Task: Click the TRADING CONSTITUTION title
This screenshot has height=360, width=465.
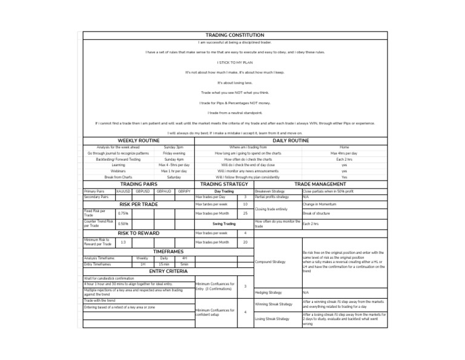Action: tap(235, 36)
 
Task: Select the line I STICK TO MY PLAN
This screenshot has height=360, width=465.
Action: tap(234, 62)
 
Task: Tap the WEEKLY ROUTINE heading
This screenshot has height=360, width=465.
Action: tap(138, 141)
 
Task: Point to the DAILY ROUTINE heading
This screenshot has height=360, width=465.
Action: tap(290, 141)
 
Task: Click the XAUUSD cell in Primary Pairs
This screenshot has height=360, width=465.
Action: tap(123, 191)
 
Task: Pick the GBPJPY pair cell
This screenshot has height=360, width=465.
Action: tap(184, 191)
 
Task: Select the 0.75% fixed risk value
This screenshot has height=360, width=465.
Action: tap(123, 213)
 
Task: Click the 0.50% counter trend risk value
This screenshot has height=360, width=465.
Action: tap(123, 224)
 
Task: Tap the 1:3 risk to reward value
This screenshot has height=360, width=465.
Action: tap(123, 242)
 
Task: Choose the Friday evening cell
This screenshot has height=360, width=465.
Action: tap(174, 153)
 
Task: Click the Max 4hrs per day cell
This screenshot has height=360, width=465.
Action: tap(344, 153)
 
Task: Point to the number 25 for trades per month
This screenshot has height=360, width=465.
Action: tap(245, 213)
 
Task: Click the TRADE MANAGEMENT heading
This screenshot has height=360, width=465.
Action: tap(320, 184)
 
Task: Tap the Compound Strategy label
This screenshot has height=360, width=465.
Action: tap(270, 262)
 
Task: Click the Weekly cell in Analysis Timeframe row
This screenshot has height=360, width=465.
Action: tap(142, 258)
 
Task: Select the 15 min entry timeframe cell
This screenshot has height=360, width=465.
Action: tap(163, 264)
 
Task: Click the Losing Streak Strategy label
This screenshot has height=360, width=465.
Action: tap(272, 318)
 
